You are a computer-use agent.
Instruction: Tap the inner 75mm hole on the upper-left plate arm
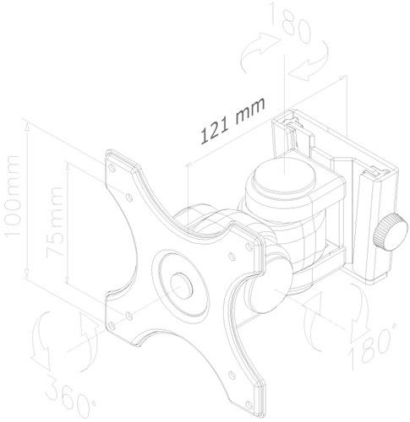(127, 197)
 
